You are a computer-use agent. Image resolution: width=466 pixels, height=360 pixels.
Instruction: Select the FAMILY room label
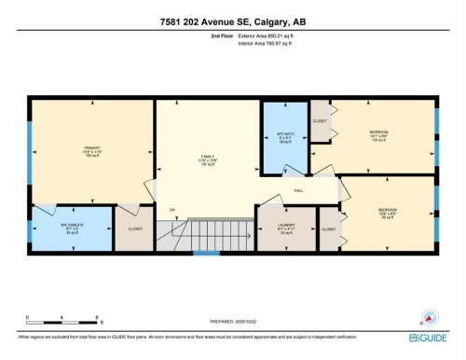pyautogui.click(x=208, y=159)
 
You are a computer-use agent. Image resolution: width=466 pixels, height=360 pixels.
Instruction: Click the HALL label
pyautogui.click(x=298, y=189)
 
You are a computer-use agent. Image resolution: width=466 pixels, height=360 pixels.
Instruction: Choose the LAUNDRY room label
pyautogui.click(x=285, y=228)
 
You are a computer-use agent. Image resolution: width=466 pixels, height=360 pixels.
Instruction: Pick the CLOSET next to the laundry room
pyautogui.click(x=329, y=228)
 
